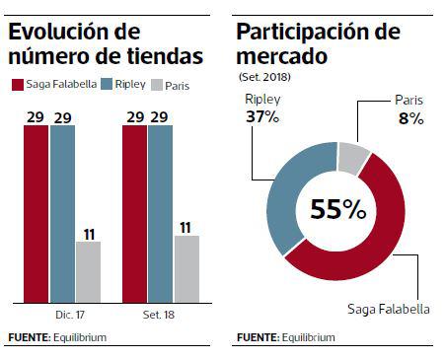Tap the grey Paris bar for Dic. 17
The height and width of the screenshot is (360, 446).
point(88,271)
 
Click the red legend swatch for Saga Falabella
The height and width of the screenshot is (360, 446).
point(16,85)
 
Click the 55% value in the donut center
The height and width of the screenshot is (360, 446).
point(337,210)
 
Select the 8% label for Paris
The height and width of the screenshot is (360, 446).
point(410,118)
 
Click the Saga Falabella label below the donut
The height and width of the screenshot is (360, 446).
point(388,309)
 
